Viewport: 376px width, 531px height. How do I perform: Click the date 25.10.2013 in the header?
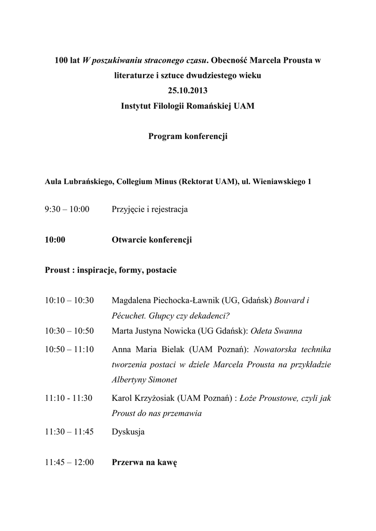[x=188, y=90]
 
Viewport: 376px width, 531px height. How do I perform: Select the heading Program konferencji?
[x=188, y=136]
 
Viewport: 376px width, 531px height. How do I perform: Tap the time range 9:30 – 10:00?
[x=67, y=209]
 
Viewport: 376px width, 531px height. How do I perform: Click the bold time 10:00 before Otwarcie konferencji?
[x=55, y=240]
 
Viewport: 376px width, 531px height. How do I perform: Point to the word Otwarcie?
[x=129, y=240]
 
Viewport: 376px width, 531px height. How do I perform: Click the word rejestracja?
[x=170, y=209]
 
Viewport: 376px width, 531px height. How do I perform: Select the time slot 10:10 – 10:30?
[x=69, y=300]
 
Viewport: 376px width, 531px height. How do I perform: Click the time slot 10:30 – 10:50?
[x=69, y=331]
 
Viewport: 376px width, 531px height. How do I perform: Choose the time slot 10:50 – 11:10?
[x=69, y=349]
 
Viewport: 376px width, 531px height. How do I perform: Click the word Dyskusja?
[x=128, y=431]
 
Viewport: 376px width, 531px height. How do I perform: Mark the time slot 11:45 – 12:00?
[x=69, y=462]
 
